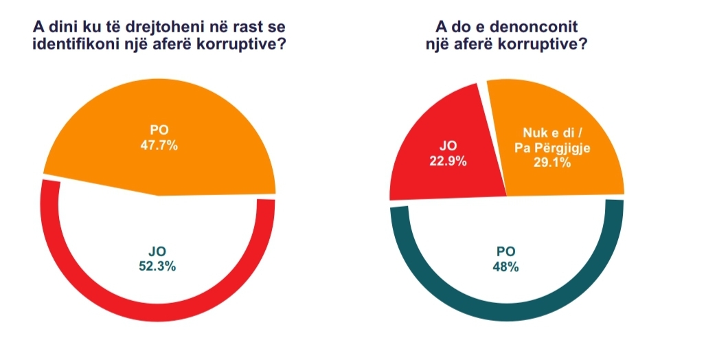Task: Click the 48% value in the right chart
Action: click(x=505, y=267)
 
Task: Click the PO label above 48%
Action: click(x=505, y=253)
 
